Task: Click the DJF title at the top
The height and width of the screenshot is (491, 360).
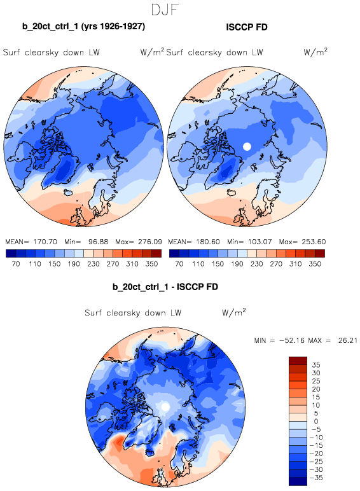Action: (165, 10)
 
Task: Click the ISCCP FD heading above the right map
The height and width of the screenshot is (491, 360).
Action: (247, 27)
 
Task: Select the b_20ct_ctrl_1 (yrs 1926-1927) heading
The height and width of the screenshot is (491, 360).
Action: (83, 27)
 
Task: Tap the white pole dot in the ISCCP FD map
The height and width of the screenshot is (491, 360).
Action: (247, 146)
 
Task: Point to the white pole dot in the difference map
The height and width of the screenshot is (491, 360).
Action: (165, 407)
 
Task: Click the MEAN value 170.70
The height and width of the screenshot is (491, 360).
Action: (45, 242)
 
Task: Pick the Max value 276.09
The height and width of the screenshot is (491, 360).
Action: (150, 242)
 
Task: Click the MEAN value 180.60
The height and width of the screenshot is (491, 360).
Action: (208, 242)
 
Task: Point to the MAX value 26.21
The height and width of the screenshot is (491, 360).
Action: (348, 340)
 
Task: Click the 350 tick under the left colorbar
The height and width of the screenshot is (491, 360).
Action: (151, 264)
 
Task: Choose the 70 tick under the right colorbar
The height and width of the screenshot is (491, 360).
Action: (179, 264)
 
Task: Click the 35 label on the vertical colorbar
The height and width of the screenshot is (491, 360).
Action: (316, 365)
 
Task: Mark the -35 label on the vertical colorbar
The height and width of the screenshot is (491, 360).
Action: (316, 478)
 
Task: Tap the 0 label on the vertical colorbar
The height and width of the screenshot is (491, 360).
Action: (315, 421)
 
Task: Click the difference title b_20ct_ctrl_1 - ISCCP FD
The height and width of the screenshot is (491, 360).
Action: (165, 287)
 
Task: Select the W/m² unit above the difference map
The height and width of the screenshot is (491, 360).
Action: (234, 312)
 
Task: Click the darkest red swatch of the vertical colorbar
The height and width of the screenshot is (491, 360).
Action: (298, 361)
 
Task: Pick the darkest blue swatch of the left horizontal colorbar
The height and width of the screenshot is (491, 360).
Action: (11, 253)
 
